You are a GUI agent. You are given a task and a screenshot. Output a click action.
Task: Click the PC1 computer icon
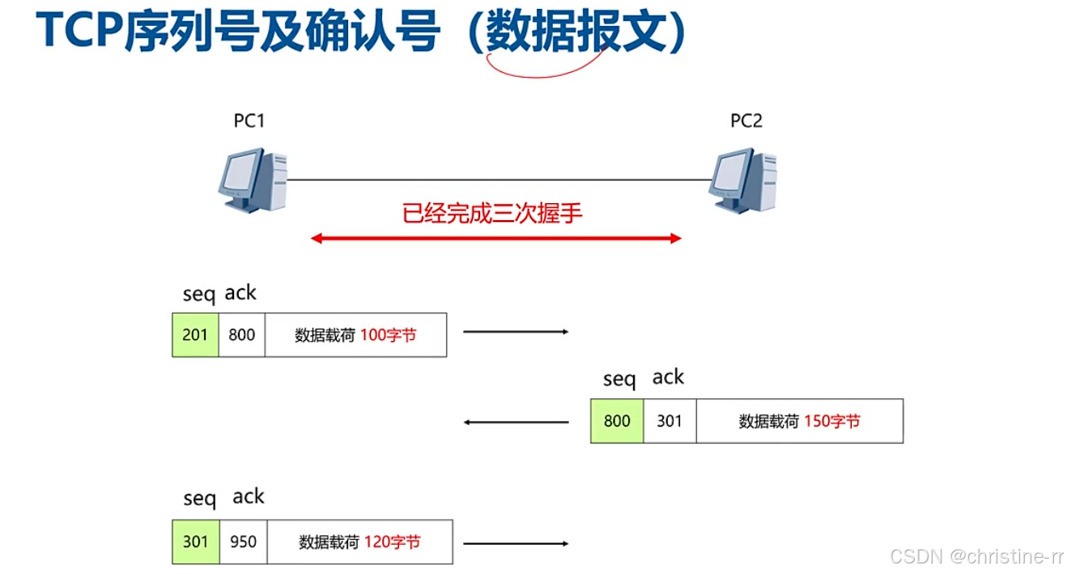point(253,180)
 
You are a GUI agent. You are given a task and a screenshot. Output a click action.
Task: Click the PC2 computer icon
point(743,180)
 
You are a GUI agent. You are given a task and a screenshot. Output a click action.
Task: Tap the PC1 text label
point(249,121)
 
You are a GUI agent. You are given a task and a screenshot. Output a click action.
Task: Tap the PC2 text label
point(746,121)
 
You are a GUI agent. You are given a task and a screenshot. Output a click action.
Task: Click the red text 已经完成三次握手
point(492,214)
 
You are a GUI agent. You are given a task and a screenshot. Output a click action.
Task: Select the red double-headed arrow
point(496,238)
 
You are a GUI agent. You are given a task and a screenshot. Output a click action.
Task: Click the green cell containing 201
point(195,334)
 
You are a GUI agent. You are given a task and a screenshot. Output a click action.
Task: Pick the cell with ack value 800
point(242,334)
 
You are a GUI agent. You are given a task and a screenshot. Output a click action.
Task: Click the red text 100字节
point(388,334)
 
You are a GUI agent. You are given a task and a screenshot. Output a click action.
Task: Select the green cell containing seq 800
point(617,421)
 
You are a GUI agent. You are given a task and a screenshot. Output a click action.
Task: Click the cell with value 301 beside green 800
point(670,421)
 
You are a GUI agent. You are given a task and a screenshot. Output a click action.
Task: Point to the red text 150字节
point(831,421)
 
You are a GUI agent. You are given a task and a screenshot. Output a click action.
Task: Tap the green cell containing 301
point(195,542)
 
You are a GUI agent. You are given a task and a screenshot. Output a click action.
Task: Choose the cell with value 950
point(243,542)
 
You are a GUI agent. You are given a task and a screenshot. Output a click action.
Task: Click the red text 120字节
point(392,542)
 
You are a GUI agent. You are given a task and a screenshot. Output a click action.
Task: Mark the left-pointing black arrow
point(516,422)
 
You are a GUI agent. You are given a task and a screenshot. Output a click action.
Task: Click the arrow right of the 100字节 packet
point(516,331)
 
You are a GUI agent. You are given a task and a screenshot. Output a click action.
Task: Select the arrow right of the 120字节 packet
point(516,542)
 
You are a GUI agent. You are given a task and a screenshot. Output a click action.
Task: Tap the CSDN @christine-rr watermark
point(976,556)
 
